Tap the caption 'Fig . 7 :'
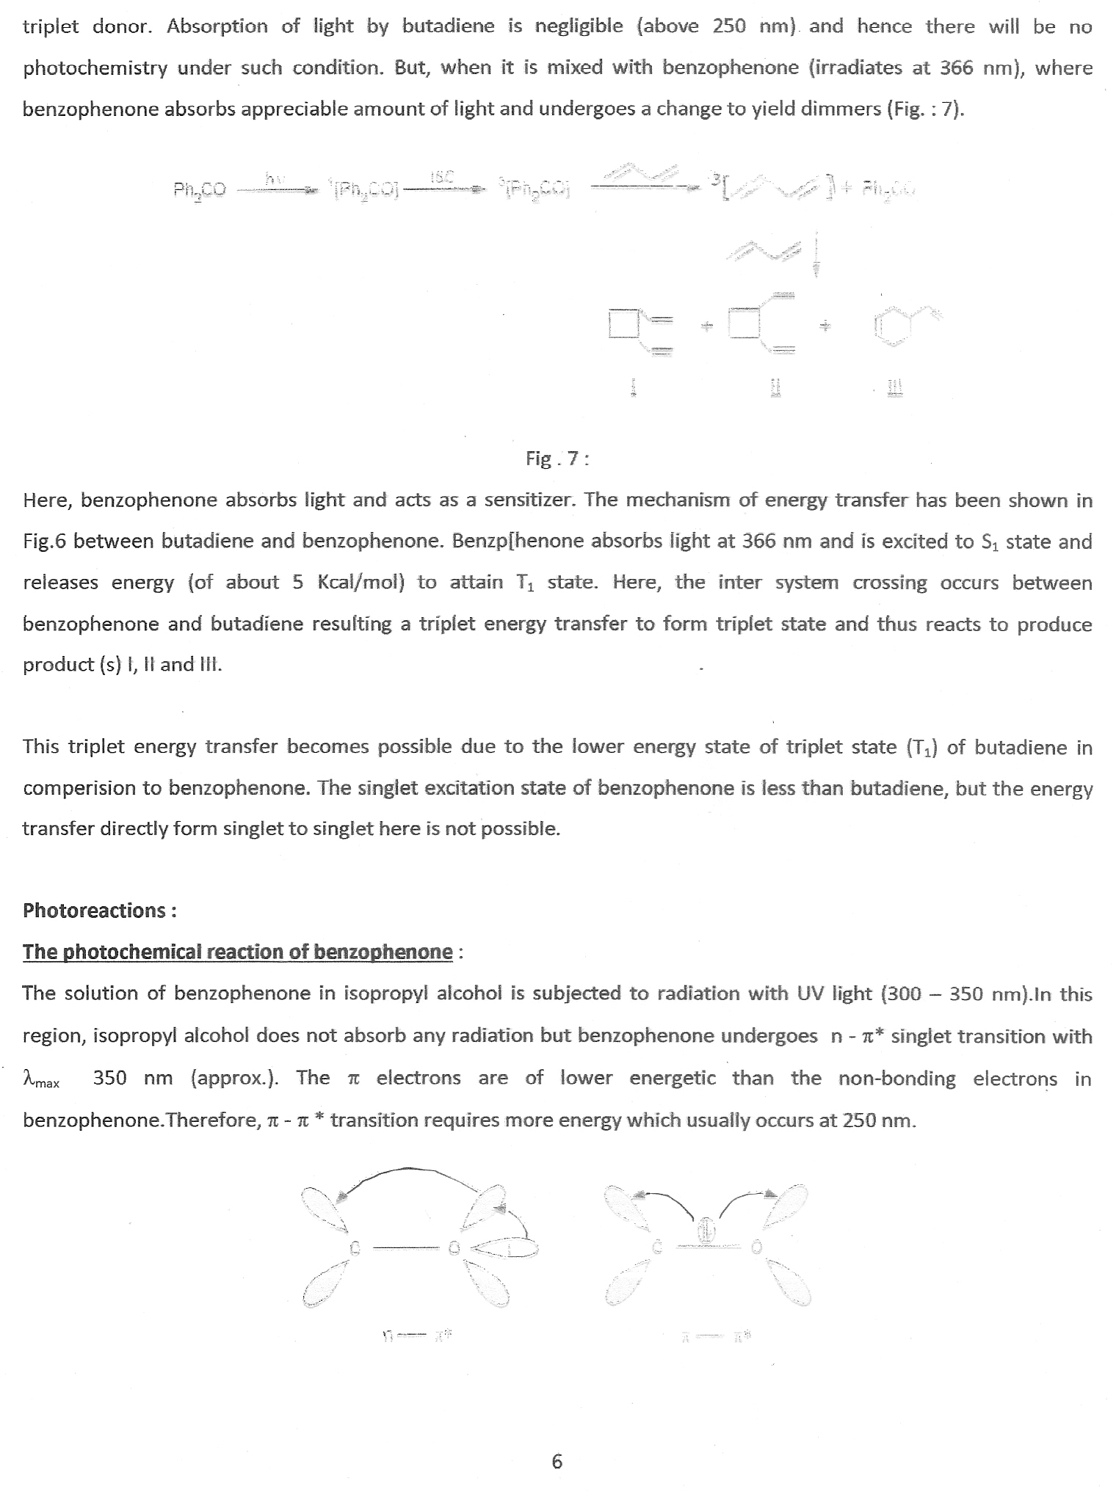point(557,459)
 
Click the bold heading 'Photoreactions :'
point(99,911)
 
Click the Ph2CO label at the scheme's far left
point(200,191)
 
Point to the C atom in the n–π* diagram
point(355,1247)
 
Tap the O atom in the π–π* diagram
point(756,1247)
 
